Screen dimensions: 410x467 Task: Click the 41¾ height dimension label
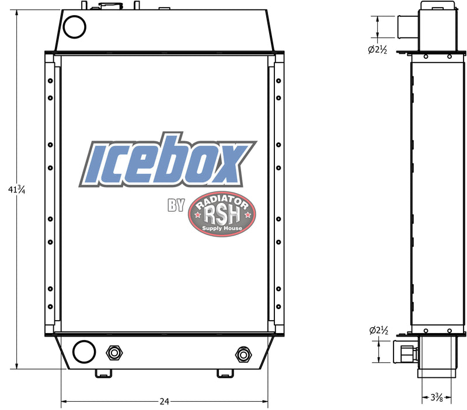(x=16, y=190)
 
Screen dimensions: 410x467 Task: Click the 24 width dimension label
(x=165, y=401)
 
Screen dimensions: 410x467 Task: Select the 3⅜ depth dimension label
(x=436, y=398)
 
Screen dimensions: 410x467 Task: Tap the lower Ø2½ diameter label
(x=379, y=331)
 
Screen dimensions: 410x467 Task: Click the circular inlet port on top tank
(x=74, y=26)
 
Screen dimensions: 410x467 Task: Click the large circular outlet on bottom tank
(x=83, y=352)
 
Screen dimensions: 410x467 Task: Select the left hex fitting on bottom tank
(x=113, y=353)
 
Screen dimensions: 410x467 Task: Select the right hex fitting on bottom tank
(x=242, y=354)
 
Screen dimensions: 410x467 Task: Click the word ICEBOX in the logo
(x=166, y=161)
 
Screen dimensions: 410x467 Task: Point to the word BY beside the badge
(x=176, y=205)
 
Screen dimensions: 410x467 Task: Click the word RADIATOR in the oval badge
(x=222, y=204)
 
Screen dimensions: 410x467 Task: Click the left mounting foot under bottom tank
(x=103, y=373)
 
